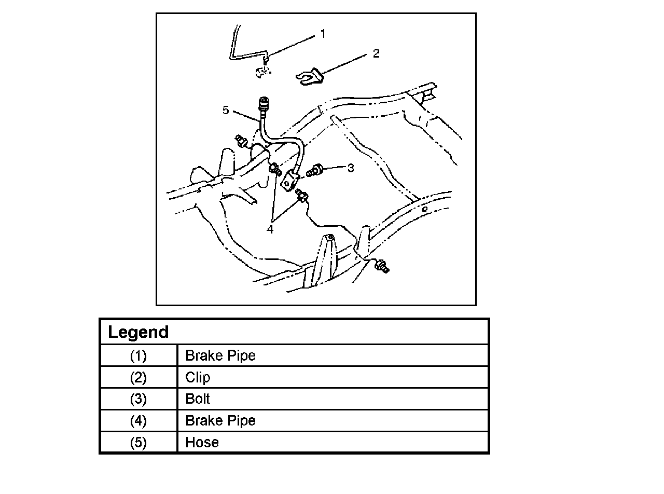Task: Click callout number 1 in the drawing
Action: pyautogui.click(x=323, y=34)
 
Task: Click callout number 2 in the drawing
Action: pyautogui.click(x=376, y=53)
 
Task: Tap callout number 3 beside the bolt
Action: pyautogui.click(x=351, y=168)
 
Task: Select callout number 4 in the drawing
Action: pyautogui.click(x=270, y=229)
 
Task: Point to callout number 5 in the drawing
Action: pyautogui.click(x=225, y=110)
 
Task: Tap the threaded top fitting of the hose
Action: pyautogui.click(x=264, y=102)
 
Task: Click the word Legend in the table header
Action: pyautogui.click(x=139, y=332)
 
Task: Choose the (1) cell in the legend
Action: pyautogui.click(x=139, y=356)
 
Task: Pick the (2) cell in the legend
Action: pyautogui.click(x=139, y=378)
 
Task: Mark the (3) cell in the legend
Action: pyautogui.click(x=139, y=400)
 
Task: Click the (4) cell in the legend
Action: pyautogui.click(x=139, y=421)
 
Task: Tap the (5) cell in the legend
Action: pyautogui.click(x=139, y=443)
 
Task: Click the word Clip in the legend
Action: pyautogui.click(x=198, y=378)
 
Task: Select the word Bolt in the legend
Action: pyautogui.click(x=198, y=400)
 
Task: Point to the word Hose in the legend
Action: pyautogui.click(x=202, y=443)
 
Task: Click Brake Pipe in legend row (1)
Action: pyautogui.click(x=220, y=356)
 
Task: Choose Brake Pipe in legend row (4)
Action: pyautogui.click(x=220, y=421)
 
